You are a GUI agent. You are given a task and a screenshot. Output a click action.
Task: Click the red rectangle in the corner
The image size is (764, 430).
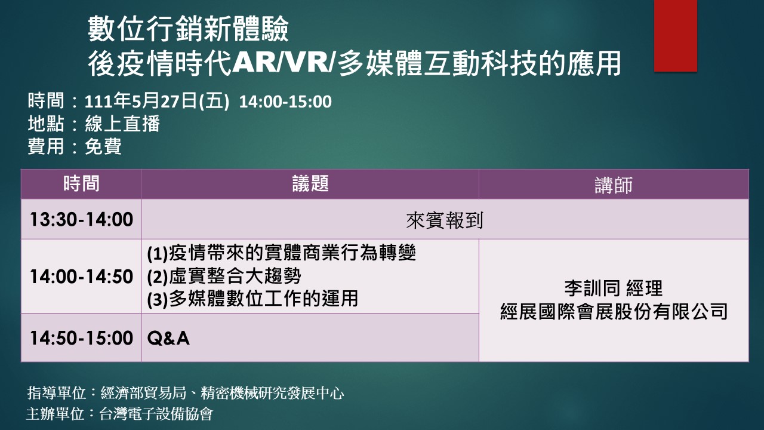pos(675,36)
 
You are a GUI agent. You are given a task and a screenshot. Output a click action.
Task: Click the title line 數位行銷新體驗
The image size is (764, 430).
pos(188,29)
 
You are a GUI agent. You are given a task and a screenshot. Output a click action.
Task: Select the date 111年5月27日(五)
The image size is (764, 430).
pos(157,102)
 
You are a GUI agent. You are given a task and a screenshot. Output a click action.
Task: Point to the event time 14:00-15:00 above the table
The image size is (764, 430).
pos(285,102)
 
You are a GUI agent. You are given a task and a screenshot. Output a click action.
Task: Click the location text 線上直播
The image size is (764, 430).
pos(122,124)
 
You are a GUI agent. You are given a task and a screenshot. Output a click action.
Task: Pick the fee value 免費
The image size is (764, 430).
pos(103,146)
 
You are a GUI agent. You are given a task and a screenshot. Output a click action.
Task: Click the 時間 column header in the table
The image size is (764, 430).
pos(81,183)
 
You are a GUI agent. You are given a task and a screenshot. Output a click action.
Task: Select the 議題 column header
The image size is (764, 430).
pos(310,183)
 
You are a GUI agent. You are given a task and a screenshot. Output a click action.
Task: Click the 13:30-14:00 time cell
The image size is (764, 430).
pos(81,219)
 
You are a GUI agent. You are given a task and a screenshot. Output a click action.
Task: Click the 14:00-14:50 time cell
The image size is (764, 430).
pos(81,277)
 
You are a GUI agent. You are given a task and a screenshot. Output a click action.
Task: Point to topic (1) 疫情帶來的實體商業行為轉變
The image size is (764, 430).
pos(281,253)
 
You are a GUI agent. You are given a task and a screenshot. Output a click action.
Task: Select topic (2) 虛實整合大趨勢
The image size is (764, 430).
pos(224,277)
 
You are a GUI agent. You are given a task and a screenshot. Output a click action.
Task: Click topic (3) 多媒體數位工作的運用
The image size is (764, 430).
pos(252,299)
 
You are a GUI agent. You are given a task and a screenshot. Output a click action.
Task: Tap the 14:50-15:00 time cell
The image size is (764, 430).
pos(81,338)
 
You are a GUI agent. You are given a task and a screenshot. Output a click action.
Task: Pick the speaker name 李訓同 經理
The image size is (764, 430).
pos(614,288)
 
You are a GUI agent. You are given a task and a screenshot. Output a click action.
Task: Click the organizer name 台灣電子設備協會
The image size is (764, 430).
pos(156,414)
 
